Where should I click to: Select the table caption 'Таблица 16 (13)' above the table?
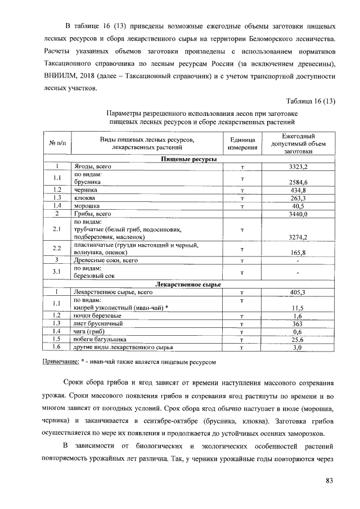pyautogui.click(x=310, y=101)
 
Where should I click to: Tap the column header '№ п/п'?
pyautogui.click(x=57, y=144)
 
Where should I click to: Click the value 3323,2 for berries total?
pyautogui.click(x=298, y=168)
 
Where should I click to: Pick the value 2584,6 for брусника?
pyautogui.click(x=298, y=182)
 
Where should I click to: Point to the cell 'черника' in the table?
pyautogui.click(x=85, y=190)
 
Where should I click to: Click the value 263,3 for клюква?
pyautogui.click(x=298, y=199)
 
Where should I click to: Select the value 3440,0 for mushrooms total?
pyautogui.click(x=298, y=214)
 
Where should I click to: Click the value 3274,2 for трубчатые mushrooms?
pyautogui.click(x=298, y=237)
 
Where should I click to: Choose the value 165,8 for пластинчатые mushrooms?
pyautogui.click(x=298, y=253)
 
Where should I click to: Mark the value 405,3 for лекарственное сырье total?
pyautogui.click(x=298, y=292)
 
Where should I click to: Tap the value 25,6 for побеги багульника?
pyautogui.click(x=298, y=340)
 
